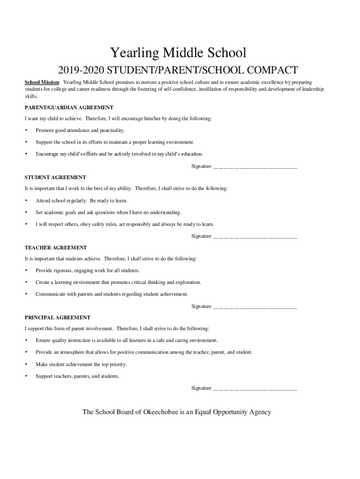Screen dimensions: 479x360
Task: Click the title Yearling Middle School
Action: coord(177,52)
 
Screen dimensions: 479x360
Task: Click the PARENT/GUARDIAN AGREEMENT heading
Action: coord(69,107)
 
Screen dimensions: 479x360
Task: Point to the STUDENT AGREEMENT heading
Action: coord(55,177)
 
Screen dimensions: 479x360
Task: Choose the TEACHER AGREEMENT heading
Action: coord(56,247)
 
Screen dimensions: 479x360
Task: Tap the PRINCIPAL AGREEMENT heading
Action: coord(58,317)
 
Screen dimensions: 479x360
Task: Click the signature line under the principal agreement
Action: coord(255,389)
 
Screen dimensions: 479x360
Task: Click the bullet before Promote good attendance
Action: coord(26,131)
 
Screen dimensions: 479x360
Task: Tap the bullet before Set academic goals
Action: coord(26,212)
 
